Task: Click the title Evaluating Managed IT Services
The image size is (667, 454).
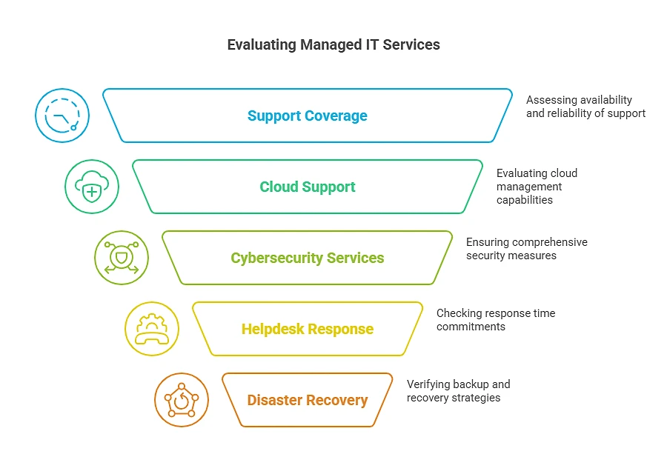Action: [333, 45]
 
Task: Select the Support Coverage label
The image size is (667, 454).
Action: [307, 116]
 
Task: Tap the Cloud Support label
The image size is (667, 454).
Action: [307, 187]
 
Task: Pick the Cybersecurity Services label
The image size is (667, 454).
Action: [307, 258]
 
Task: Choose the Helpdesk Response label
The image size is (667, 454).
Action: [307, 329]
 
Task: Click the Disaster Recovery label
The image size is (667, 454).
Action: [307, 400]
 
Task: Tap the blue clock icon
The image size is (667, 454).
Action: [62, 116]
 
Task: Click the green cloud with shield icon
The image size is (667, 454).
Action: [92, 187]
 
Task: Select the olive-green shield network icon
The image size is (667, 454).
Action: [122, 258]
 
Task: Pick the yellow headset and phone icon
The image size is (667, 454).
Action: [151, 329]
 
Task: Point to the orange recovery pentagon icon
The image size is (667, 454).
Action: [182, 400]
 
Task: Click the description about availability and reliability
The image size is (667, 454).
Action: [585, 107]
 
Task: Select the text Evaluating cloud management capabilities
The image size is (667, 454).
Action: [537, 187]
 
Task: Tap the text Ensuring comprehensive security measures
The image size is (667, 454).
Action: [526, 249]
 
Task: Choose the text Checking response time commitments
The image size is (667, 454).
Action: [495, 320]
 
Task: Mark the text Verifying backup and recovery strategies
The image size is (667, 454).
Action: [458, 391]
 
